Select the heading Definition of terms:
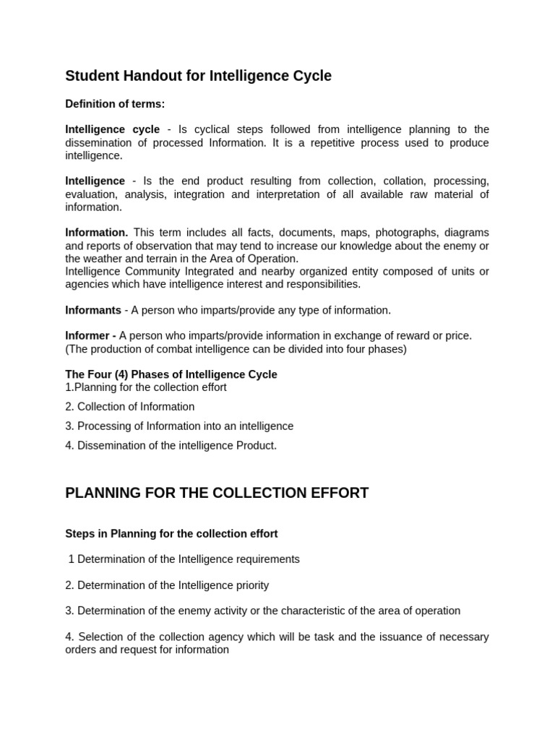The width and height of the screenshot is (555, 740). tap(115, 104)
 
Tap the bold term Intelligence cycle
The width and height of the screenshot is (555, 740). tap(112, 129)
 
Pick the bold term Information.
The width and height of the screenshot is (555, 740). tap(96, 233)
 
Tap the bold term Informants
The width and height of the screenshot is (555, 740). tap(93, 310)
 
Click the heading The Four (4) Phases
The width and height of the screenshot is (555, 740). tap(171, 374)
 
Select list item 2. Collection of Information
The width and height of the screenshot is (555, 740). tap(130, 407)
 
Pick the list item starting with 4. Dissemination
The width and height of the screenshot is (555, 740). tap(171, 446)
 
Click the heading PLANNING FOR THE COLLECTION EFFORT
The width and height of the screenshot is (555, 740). tap(217, 493)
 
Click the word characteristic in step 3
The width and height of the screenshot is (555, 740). tap(313, 611)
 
